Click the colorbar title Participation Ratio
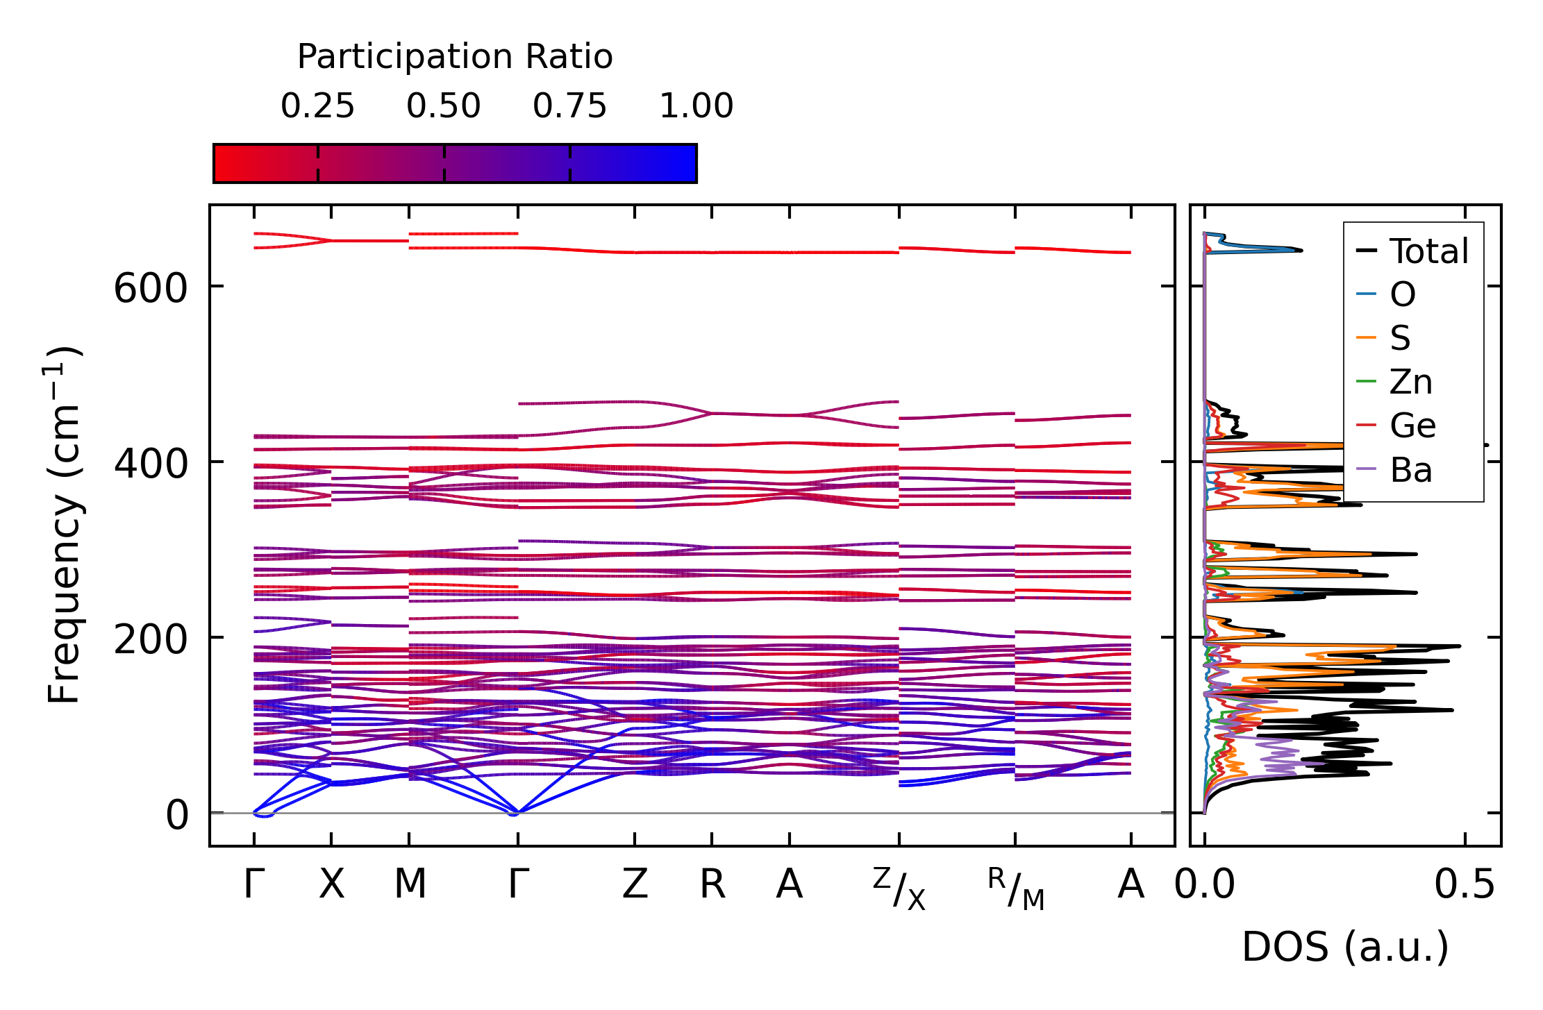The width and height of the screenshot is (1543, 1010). coord(455,57)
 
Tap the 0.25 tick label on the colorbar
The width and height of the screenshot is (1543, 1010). coord(317,107)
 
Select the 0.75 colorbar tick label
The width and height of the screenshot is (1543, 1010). coord(569,107)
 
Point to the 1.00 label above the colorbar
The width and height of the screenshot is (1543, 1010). coord(696,107)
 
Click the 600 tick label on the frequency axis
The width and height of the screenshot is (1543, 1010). coord(150,288)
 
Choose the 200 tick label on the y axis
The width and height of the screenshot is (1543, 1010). coord(150,639)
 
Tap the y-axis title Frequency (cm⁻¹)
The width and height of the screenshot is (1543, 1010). coord(65,525)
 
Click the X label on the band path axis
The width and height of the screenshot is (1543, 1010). coord(331,885)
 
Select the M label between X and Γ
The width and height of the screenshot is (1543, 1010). coord(410,885)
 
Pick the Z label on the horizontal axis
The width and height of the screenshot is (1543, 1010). coord(635,885)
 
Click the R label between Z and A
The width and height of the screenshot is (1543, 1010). coord(712,885)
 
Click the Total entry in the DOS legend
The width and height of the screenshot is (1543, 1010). coord(1428,251)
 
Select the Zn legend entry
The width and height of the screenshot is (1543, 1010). coord(1410,382)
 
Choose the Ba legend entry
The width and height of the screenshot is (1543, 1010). coord(1410,470)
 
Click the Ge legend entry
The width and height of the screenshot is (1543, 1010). coord(1412,426)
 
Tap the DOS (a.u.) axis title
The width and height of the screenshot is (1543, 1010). coord(1345,948)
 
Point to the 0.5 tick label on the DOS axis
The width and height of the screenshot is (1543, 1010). coord(1465,885)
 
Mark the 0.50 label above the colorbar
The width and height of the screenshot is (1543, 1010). coord(444,107)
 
